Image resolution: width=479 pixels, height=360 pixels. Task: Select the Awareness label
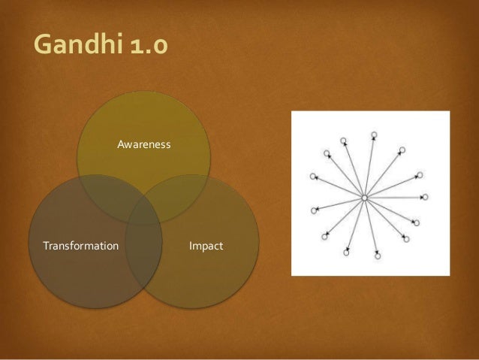[x=144, y=144]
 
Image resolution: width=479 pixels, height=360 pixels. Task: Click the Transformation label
[x=80, y=246]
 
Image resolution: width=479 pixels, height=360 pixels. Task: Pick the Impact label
[x=206, y=246]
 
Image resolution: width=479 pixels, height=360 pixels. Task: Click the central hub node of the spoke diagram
[x=364, y=198]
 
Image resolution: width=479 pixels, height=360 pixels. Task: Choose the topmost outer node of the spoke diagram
[x=373, y=135]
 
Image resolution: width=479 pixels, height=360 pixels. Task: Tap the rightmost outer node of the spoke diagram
[x=425, y=197]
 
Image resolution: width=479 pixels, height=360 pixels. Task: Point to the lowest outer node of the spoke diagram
[x=378, y=256]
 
